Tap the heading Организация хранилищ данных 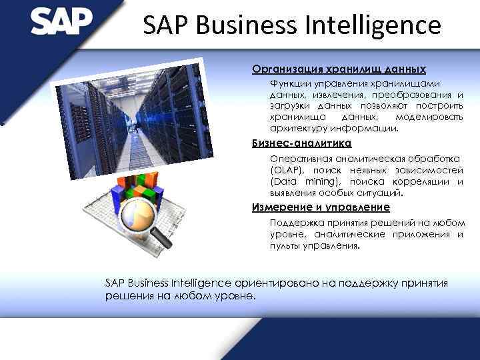click(339, 69)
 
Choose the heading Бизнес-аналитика click(301, 143)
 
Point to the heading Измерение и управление click(321, 207)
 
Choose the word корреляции click(420, 181)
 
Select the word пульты click(285, 245)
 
